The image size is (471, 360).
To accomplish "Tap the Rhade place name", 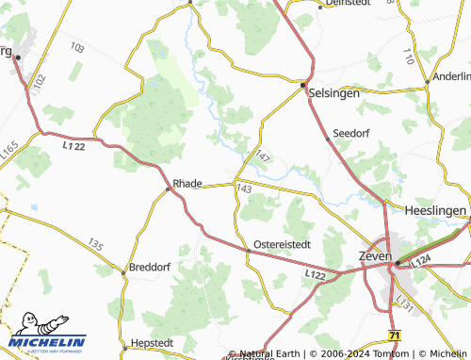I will coord(187,183).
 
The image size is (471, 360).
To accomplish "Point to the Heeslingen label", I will coord(437,210).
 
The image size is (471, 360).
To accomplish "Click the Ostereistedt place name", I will coord(283,244).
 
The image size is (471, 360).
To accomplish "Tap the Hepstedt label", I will coord(154,342).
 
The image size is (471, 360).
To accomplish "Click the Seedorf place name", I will coord(350,134).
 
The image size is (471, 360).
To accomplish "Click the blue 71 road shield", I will coord(394,335).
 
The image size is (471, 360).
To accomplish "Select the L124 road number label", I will coord(420,259).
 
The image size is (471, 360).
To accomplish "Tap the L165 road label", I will coord(9,150).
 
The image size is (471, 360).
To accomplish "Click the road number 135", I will coord(94,244).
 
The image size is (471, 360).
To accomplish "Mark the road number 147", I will coord(263,156).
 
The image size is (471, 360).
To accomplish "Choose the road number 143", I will coord(244,189).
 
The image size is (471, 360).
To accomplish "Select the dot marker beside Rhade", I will coord(169,188).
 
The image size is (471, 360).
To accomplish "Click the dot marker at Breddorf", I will coord(124,272).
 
